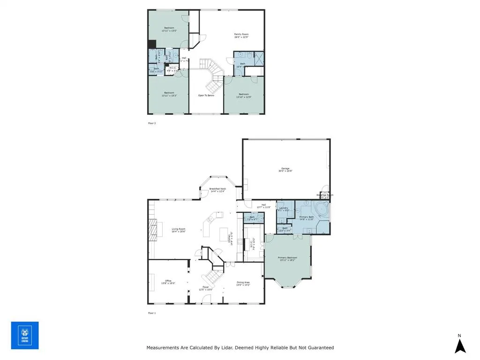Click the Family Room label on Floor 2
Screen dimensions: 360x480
(x=241, y=34)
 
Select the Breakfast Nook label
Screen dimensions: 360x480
(x=217, y=188)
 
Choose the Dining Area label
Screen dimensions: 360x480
(x=243, y=282)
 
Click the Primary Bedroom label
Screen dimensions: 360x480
(x=287, y=257)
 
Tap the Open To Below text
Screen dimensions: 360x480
(x=206, y=95)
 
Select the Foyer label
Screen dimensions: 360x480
(x=205, y=287)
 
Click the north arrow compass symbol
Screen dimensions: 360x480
(x=460, y=345)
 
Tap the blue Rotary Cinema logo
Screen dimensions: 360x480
(x=25, y=336)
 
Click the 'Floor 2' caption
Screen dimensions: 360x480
(x=151, y=123)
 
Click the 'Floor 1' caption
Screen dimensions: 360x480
(x=151, y=313)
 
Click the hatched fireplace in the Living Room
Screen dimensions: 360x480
(x=152, y=229)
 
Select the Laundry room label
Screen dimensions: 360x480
(x=283, y=208)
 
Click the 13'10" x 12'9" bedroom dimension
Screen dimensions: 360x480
(x=243, y=97)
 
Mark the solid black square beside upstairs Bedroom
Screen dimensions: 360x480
(x=152, y=44)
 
